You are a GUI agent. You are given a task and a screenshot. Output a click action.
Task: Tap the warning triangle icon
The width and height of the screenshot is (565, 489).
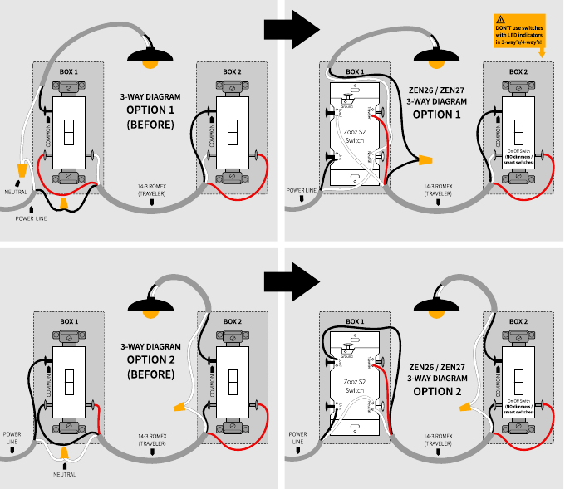click(499, 18)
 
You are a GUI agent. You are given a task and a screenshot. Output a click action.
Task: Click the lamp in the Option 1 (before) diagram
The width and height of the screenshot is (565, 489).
click(150, 57)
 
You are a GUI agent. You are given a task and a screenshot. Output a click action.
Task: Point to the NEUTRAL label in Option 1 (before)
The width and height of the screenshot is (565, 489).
click(16, 193)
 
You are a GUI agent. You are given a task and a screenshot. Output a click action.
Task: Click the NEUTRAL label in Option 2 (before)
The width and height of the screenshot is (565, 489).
click(63, 474)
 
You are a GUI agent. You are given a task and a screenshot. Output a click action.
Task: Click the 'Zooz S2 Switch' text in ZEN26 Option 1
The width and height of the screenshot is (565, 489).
click(354, 136)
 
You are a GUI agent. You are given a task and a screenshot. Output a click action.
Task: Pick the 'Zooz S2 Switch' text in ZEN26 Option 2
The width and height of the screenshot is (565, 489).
click(354, 385)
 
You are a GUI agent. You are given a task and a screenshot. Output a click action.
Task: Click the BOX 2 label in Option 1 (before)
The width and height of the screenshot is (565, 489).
click(231, 72)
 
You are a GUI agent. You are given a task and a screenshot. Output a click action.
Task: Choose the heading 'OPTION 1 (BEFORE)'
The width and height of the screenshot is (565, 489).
click(150, 117)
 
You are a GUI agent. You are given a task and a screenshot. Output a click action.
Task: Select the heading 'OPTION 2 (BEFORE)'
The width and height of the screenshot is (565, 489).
click(150, 366)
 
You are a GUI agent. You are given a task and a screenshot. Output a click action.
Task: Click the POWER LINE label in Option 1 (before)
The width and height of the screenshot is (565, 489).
click(30, 219)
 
